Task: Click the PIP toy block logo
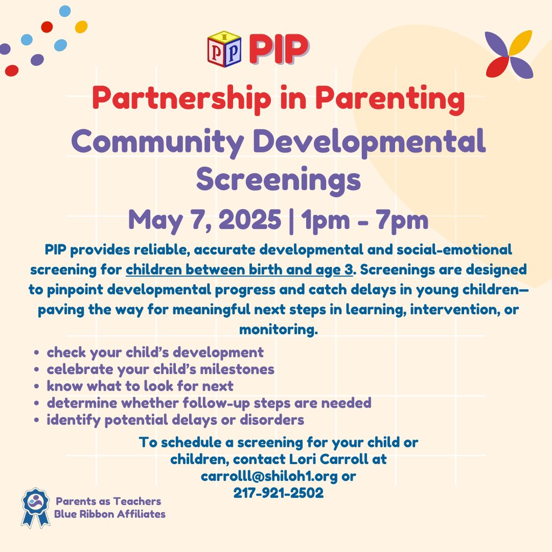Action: point(224,49)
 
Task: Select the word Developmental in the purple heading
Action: point(369,141)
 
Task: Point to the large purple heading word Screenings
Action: point(278,180)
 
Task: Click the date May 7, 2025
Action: point(204,219)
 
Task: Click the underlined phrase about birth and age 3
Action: point(239,268)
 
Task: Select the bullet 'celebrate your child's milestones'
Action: point(160,369)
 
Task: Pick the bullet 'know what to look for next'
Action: point(140,386)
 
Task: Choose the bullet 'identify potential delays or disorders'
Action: point(175,419)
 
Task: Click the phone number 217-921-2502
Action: point(278,493)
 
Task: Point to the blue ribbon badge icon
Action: point(35,506)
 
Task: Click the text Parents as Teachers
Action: point(108,501)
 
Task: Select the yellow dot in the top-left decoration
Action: point(81,26)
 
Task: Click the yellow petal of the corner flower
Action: point(521,43)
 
